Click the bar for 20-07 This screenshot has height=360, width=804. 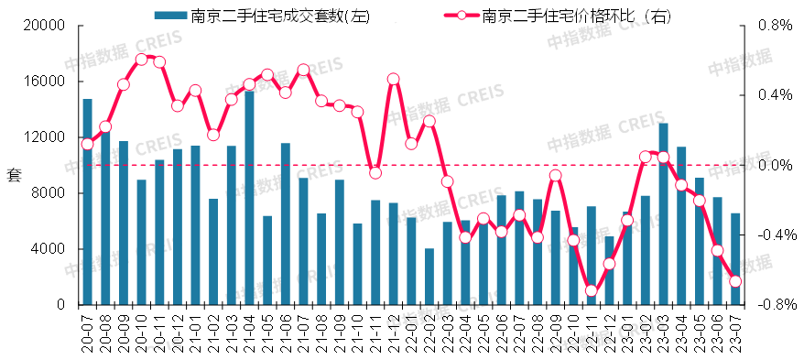87,202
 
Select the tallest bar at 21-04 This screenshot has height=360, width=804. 249,197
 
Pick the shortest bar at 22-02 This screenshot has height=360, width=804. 429,276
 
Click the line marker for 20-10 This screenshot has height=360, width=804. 141,59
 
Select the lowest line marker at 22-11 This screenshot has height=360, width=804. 591,290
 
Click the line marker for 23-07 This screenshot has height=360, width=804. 734,281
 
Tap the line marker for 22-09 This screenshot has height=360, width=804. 555,175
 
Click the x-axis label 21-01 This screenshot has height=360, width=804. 195,332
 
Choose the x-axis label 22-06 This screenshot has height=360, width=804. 501,332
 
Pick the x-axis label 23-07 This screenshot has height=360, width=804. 735,332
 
